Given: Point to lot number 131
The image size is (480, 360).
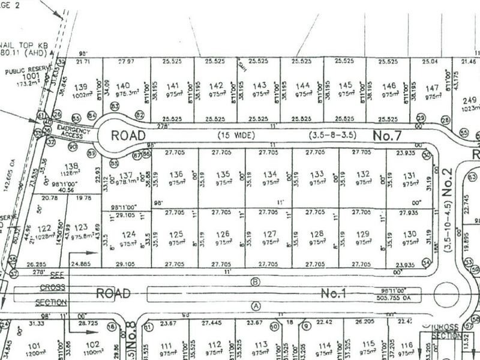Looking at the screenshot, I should point(410,175).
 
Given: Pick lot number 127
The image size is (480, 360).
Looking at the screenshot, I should point(269,234).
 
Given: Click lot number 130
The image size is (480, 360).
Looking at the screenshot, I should point(410,234).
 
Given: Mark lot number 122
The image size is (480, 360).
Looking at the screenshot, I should point(44,229).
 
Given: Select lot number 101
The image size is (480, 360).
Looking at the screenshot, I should point(33,345).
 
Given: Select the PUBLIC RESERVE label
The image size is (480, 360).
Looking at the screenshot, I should point(26,71).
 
